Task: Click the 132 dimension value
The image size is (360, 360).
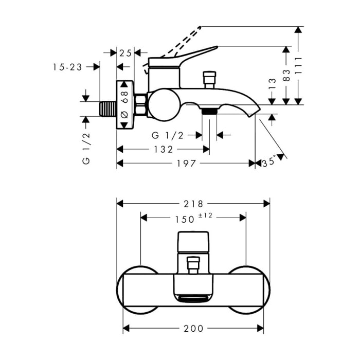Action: (x=164, y=149)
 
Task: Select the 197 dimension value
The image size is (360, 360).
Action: (x=186, y=164)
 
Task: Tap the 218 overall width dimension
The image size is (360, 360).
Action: (x=192, y=204)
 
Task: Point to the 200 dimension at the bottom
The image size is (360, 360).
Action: (x=193, y=328)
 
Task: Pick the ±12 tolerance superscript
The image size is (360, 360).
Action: (x=205, y=215)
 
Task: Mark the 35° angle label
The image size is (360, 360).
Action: (x=269, y=163)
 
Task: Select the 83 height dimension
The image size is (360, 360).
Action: (x=286, y=75)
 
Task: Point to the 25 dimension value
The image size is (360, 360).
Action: (x=125, y=52)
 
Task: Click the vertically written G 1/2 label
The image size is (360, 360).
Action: (x=86, y=148)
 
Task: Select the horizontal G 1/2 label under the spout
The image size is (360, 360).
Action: (x=167, y=135)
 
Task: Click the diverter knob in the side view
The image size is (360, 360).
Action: (x=209, y=80)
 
